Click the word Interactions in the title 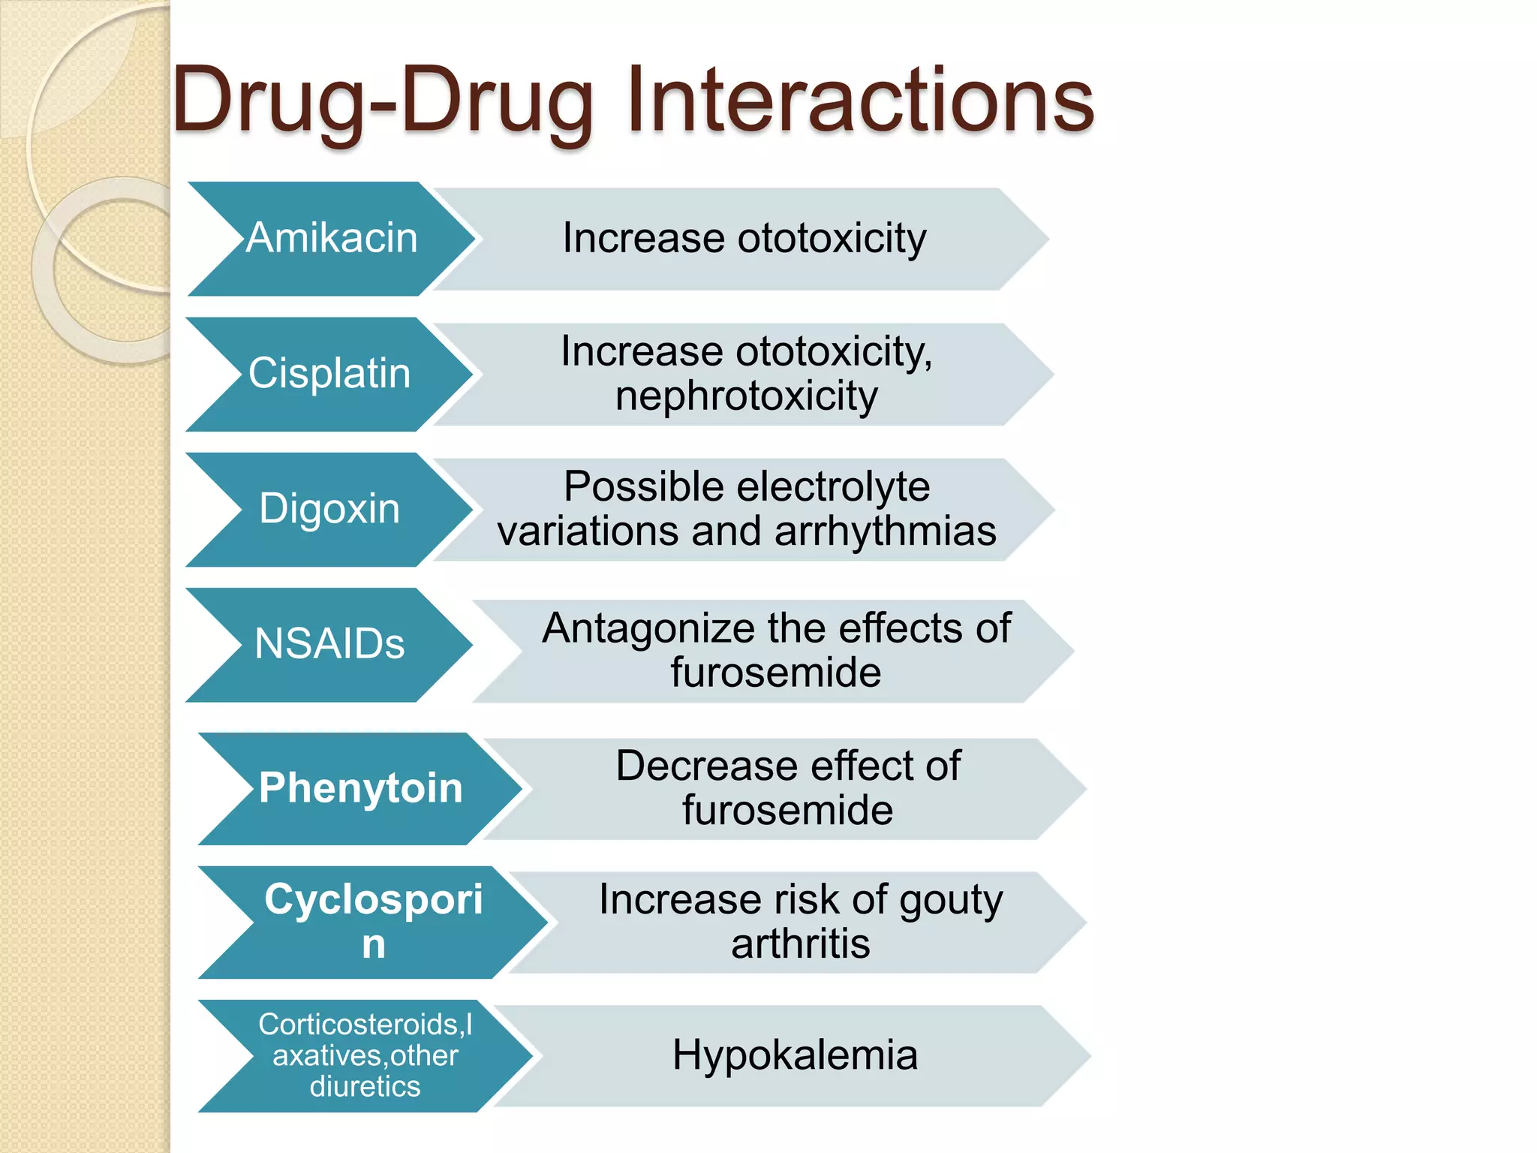pyautogui.click(x=860, y=101)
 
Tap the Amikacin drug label pyautogui.click(x=332, y=238)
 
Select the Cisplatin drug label pyautogui.click(x=329, y=373)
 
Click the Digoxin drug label pyautogui.click(x=329, y=508)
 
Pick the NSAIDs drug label pyautogui.click(x=329, y=643)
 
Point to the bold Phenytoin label pyautogui.click(x=360, y=787)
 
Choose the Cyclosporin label pyautogui.click(x=373, y=920)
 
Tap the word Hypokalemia pyautogui.click(x=795, y=1055)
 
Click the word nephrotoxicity pyautogui.click(x=746, y=396)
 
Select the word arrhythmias pyautogui.click(x=886, y=531)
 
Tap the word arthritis pyautogui.click(x=801, y=944)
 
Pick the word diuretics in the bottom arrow pyautogui.click(x=365, y=1086)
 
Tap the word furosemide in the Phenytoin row pyautogui.click(x=787, y=810)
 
